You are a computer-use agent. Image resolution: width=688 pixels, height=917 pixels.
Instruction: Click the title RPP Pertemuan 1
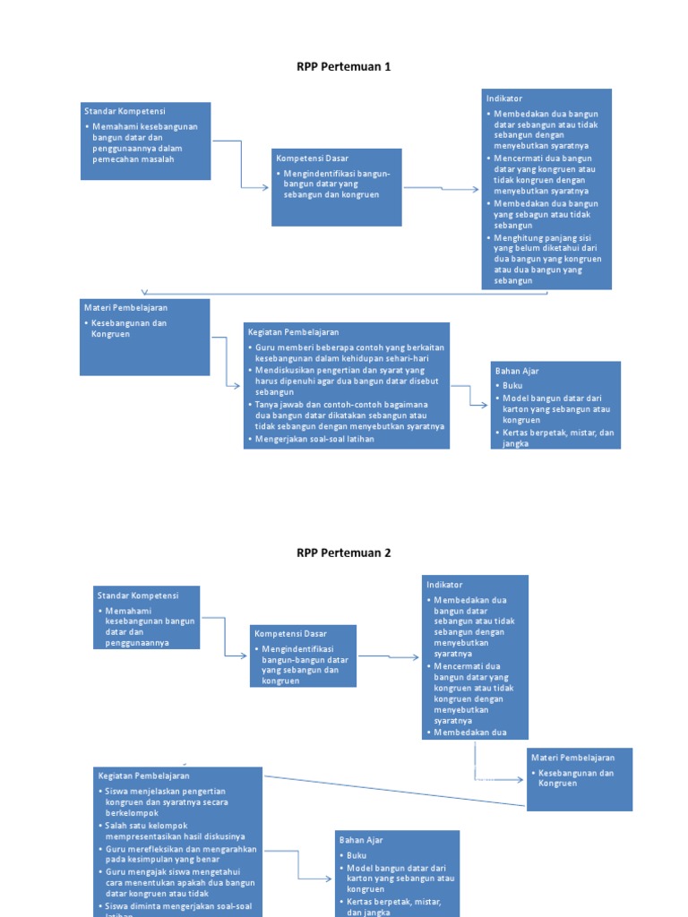click(343, 66)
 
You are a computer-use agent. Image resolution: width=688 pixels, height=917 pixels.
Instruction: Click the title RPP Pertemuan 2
click(343, 553)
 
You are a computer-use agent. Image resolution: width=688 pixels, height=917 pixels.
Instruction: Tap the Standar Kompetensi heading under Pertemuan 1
click(125, 110)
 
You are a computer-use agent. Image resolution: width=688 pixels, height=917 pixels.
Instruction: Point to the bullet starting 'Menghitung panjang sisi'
click(546, 259)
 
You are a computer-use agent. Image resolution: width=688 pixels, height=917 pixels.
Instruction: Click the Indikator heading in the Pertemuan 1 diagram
click(503, 98)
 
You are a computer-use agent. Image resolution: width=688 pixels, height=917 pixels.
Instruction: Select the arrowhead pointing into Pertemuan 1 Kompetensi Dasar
click(265, 187)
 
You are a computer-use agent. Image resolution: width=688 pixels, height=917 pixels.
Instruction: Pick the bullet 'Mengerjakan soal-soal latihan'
click(314, 439)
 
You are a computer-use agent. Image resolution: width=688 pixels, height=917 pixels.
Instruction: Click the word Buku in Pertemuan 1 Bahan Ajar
click(512, 385)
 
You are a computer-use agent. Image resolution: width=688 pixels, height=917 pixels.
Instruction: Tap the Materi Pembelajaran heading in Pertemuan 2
click(572, 758)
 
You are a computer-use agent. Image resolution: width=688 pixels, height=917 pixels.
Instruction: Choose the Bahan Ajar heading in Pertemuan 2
click(359, 840)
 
